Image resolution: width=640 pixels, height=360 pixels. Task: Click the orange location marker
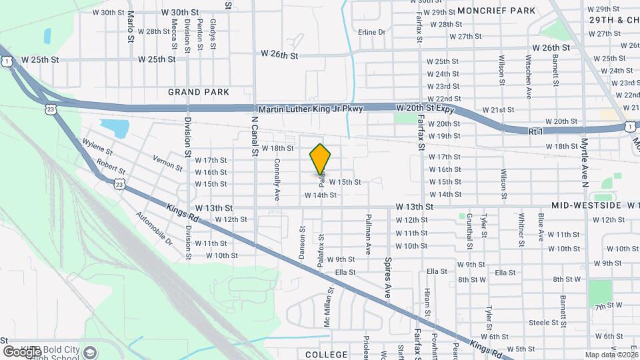tap(321, 159)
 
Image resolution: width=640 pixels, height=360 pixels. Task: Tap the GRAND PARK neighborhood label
tap(199, 92)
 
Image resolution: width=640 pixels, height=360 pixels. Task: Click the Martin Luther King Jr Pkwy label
tap(309, 109)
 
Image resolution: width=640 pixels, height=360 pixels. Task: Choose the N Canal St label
tap(254, 137)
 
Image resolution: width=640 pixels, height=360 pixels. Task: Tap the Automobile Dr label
tap(154, 228)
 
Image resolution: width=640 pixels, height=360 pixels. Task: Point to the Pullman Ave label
tap(368, 234)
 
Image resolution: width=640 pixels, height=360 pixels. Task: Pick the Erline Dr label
tap(372, 32)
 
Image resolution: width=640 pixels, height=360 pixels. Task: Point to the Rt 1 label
tap(536, 132)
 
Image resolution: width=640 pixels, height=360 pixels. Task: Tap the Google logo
tap(22, 351)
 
